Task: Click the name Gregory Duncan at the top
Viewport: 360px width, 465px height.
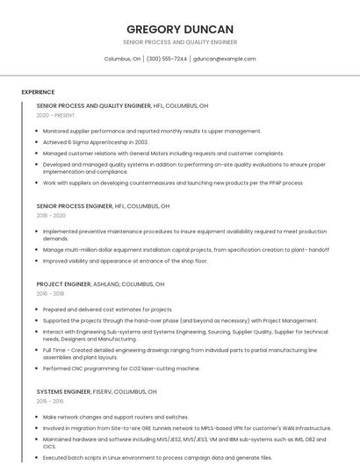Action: (179, 29)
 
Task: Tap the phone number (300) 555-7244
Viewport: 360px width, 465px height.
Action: (167, 59)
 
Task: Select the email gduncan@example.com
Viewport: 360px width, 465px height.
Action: (225, 59)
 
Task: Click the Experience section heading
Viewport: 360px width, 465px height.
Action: (38, 92)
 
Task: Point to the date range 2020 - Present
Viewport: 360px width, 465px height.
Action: (55, 115)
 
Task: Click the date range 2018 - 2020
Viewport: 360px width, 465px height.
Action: (51, 215)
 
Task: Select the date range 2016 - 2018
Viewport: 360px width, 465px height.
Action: (50, 294)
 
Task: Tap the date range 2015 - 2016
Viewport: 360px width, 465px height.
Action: (50, 400)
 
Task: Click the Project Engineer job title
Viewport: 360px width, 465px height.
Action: (63, 284)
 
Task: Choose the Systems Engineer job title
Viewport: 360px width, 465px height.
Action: (63, 391)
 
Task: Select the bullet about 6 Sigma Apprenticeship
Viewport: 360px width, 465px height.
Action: (96, 141)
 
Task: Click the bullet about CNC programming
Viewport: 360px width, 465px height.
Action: (121, 368)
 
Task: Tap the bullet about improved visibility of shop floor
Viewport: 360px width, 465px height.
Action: (125, 261)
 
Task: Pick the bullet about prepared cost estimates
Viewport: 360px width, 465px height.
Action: (107, 310)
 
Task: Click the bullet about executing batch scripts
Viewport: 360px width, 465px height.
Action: (157, 457)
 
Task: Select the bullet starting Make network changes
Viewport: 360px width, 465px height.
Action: (115, 417)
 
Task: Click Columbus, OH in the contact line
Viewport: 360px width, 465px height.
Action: (122, 59)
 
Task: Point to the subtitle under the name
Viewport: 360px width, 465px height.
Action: (179, 42)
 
